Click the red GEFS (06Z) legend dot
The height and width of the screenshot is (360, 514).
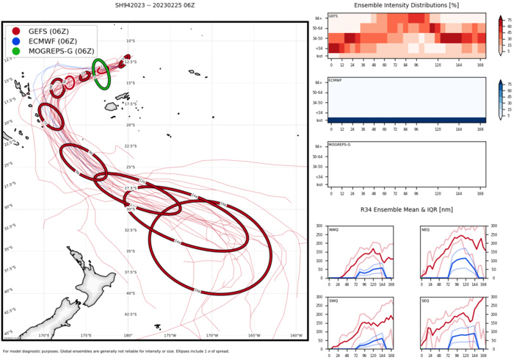pyautogui.click(x=15, y=31)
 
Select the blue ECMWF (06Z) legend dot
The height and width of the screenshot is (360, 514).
pyautogui.click(x=15, y=41)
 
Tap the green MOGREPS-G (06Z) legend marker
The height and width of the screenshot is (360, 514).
pyautogui.click(x=15, y=51)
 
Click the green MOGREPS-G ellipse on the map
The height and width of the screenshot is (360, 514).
pyautogui.click(x=101, y=74)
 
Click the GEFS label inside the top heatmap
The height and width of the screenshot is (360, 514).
pyautogui.click(x=333, y=15)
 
